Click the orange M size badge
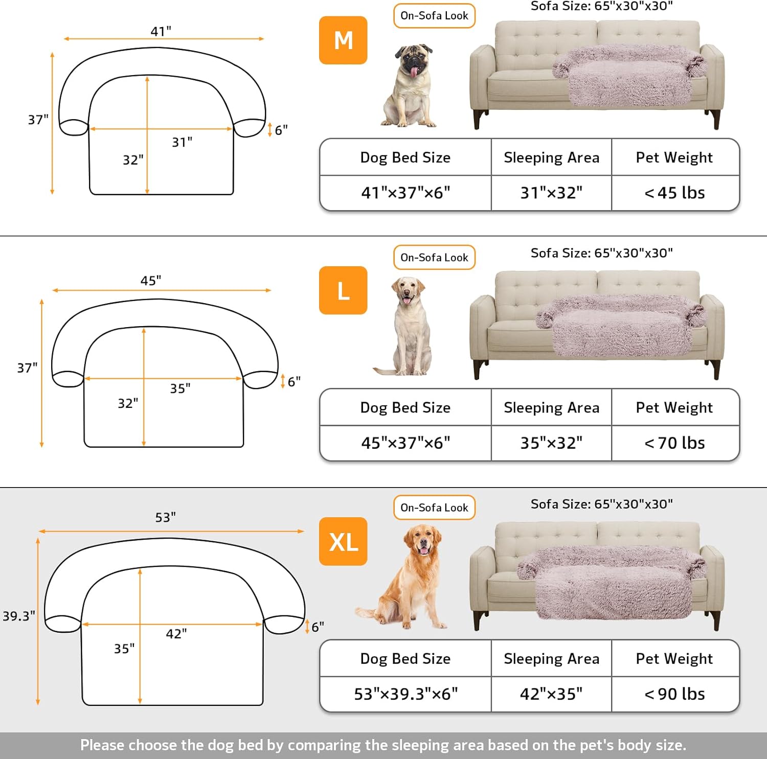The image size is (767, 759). click(x=343, y=40)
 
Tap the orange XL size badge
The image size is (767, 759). click(x=343, y=541)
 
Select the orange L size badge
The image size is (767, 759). click(x=343, y=290)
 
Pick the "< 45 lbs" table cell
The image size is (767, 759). click(x=675, y=193)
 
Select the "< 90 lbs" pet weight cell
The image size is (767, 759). click(x=675, y=694)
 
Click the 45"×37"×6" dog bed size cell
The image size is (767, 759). click(x=405, y=443)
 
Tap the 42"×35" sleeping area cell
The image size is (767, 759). click(x=551, y=694)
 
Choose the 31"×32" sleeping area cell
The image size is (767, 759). click(x=551, y=193)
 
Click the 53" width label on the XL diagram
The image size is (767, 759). click(x=166, y=517)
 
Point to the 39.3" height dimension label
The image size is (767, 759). click(x=19, y=616)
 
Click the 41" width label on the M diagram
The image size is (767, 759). click(x=161, y=31)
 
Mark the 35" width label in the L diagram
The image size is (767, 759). click(x=181, y=388)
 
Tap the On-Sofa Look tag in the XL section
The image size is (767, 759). click(x=434, y=508)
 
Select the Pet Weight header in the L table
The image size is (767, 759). click(x=674, y=407)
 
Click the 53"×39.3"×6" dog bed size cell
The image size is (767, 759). click(x=405, y=694)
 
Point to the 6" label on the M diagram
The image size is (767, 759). click(x=281, y=130)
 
